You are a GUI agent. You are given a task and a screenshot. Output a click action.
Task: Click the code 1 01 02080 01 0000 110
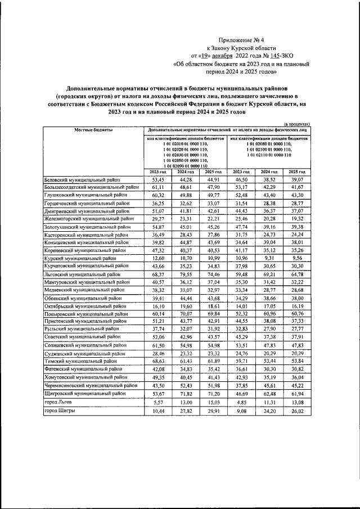(269, 145)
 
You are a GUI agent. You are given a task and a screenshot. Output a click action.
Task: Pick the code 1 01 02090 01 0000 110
(186, 166)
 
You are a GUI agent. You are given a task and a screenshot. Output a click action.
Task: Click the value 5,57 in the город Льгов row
(158, 403)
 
